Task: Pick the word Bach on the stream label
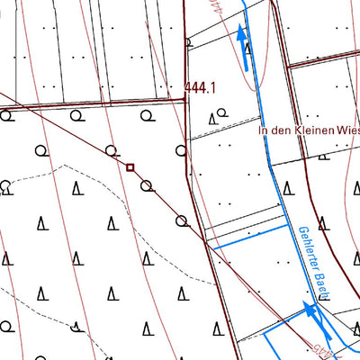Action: click(320, 286)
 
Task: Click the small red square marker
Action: click(130, 166)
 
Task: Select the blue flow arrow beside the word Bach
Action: click(311, 310)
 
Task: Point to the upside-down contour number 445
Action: click(212, 11)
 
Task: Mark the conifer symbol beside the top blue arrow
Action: click(248, 49)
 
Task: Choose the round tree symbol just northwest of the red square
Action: click(111, 149)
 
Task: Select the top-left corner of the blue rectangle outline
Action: click(265, 334)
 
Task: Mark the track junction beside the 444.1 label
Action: click(186, 100)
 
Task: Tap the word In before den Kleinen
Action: click(263, 130)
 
